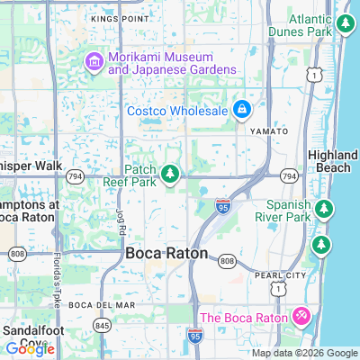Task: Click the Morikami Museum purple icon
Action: [94, 61]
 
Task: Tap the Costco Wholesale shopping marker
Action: [241, 111]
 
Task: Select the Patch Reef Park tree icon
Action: [170, 172]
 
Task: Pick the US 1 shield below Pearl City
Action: [276, 288]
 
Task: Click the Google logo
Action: [30, 349]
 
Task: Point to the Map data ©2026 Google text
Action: [304, 353]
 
